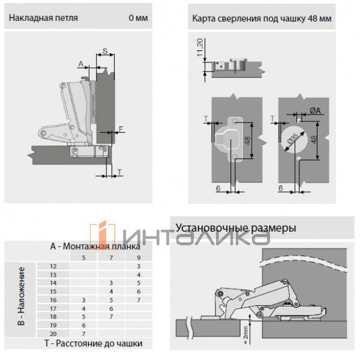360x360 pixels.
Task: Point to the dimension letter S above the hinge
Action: coord(104,52)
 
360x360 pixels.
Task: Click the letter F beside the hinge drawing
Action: coord(121,128)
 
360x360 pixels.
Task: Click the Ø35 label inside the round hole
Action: coord(294,139)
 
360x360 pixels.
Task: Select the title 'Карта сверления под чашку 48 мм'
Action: coord(262,18)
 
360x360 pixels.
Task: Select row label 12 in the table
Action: coord(53,265)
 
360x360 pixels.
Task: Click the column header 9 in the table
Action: coord(139,257)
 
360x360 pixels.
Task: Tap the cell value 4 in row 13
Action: coord(139,274)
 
